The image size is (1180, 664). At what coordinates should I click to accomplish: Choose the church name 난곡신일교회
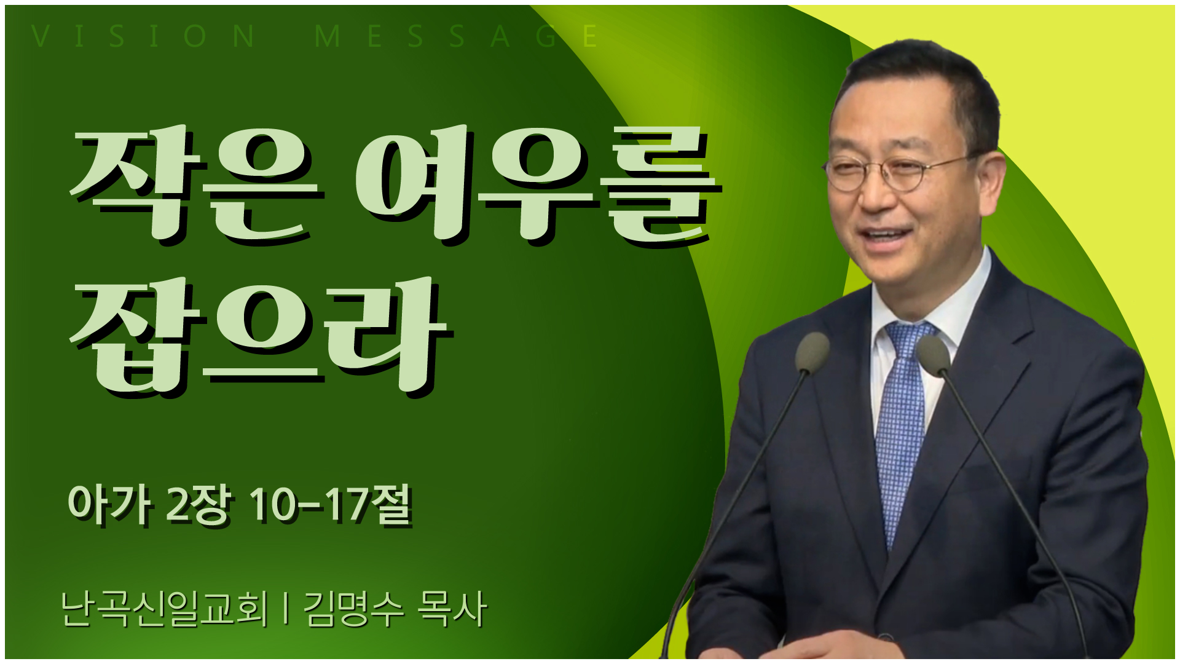pos(165,609)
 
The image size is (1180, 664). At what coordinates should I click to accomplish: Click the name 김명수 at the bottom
pos(354,609)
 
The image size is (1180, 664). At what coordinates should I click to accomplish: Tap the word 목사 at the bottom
pos(452,609)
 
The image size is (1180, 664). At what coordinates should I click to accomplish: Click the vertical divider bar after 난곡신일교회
pos(286,609)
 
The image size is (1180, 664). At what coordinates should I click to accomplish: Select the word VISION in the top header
pos(143,36)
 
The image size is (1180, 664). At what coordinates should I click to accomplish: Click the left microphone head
pos(812,352)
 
